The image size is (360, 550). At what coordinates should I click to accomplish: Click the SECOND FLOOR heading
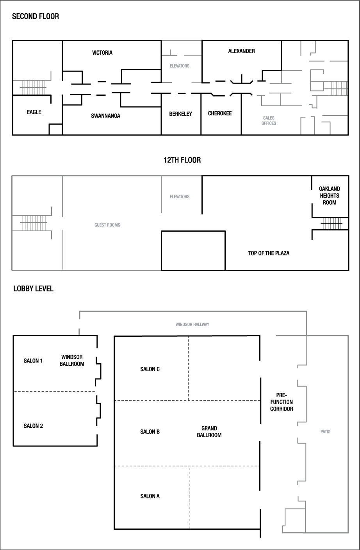(x=36, y=16)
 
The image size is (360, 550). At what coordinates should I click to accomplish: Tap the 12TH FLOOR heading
(x=182, y=160)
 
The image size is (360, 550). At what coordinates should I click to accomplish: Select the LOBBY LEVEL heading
(x=33, y=289)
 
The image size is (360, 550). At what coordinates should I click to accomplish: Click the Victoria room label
(x=102, y=53)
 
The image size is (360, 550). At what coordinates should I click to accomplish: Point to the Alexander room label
(x=241, y=51)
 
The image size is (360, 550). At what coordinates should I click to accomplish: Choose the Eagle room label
(x=34, y=112)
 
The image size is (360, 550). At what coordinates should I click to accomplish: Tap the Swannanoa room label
(x=105, y=116)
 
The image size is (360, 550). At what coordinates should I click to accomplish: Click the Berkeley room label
(x=180, y=114)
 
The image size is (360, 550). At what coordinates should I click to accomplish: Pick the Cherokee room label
(x=220, y=113)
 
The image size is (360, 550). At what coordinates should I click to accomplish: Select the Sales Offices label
(x=269, y=120)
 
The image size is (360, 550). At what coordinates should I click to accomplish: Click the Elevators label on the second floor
(x=179, y=66)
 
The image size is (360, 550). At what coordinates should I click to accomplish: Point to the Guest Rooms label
(x=107, y=225)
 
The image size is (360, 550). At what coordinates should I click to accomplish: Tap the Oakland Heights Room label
(x=329, y=196)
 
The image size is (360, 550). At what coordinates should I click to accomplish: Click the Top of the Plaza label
(x=269, y=253)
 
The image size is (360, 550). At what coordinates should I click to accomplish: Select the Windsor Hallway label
(x=192, y=324)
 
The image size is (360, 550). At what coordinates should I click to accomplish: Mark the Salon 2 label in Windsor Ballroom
(x=33, y=426)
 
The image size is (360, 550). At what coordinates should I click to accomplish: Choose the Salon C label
(x=150, y=369)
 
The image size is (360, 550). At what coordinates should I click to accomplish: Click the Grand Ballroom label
(x=209, y=432)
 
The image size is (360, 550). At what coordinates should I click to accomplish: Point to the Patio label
(x=325, y=432)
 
